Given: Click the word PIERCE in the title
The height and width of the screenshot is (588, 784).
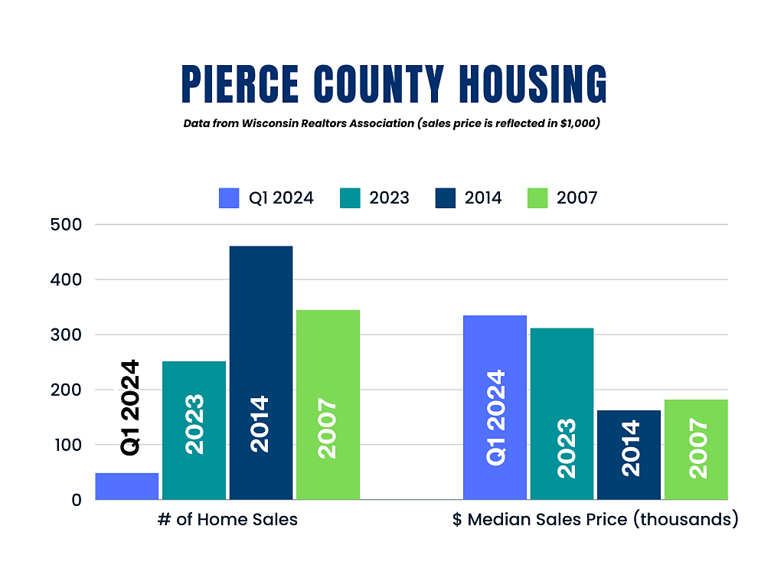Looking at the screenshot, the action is point(240,84).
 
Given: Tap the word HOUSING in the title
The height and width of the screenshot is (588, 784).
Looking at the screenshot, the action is point(533,84).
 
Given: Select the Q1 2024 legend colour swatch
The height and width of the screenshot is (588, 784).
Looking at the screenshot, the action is point(229,198).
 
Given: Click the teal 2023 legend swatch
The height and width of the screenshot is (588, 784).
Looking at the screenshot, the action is point(350,198).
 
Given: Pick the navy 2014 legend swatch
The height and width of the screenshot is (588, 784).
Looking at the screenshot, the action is point(446,198).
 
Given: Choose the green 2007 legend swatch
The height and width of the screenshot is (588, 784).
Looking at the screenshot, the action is point(537,198).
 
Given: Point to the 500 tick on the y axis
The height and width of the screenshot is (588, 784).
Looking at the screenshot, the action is point(66,224).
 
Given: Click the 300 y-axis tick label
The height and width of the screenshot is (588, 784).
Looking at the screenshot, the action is point(66,335).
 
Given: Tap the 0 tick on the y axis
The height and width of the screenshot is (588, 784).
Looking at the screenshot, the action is point(77,499).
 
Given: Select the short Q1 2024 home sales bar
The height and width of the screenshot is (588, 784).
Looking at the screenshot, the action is point(127,486).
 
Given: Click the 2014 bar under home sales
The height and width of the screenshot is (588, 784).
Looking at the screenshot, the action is point(261,373).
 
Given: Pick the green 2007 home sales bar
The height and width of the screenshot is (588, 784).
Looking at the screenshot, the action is point(328,405).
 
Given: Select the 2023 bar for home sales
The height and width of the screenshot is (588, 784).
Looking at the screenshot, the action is point(194,430).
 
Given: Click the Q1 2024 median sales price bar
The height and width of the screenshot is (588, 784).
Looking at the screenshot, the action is point(495,407).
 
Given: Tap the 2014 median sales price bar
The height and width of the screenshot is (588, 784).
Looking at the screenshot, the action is point(629,455).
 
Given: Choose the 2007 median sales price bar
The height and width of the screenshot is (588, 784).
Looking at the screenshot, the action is point(696,449).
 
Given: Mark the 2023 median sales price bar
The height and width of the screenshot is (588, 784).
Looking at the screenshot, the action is point(562,414).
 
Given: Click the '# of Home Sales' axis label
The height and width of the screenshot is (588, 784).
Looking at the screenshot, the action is point(227,520).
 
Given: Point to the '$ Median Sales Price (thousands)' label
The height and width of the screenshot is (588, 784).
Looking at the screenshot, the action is point(596,520).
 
